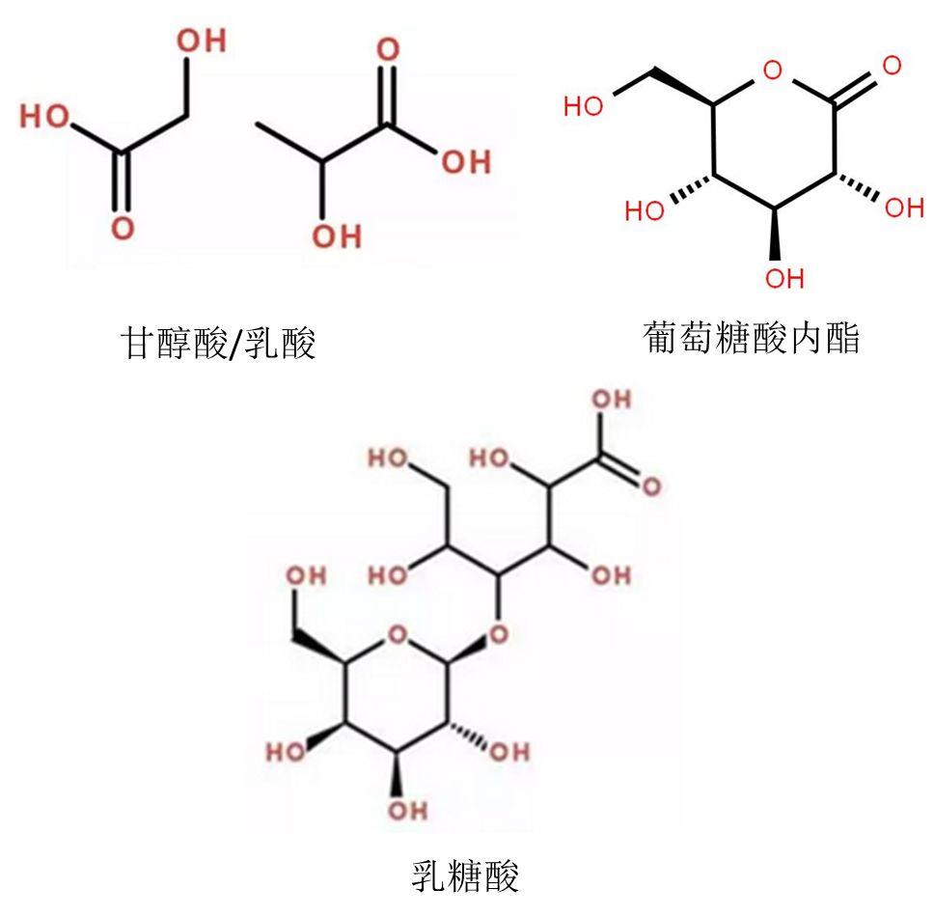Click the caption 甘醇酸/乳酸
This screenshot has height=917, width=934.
tap(217, 343)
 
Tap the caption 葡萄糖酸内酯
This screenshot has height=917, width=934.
tap(751, 338)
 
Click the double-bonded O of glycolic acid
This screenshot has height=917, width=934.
tap(122, 229)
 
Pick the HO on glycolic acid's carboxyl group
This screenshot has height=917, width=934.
tap(45, 117)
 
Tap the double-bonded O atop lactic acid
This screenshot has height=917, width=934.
tap(387, 50)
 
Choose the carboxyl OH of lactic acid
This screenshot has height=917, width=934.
tap(466, 161)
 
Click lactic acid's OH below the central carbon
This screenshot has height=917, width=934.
tap(337, 235)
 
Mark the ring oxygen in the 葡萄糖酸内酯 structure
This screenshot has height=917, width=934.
tap(770, 69)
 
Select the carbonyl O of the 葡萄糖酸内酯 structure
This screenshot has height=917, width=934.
tap(892, 66)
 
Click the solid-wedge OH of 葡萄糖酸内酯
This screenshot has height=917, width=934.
tap(783, 279)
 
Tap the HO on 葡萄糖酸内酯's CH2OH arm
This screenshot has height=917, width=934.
tap(583, 106)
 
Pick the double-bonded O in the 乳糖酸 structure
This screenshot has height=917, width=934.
tap(652, 486)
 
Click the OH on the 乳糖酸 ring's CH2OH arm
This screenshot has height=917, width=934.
tap(307, 575)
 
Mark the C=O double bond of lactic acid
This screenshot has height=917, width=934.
tap(387, 92)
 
